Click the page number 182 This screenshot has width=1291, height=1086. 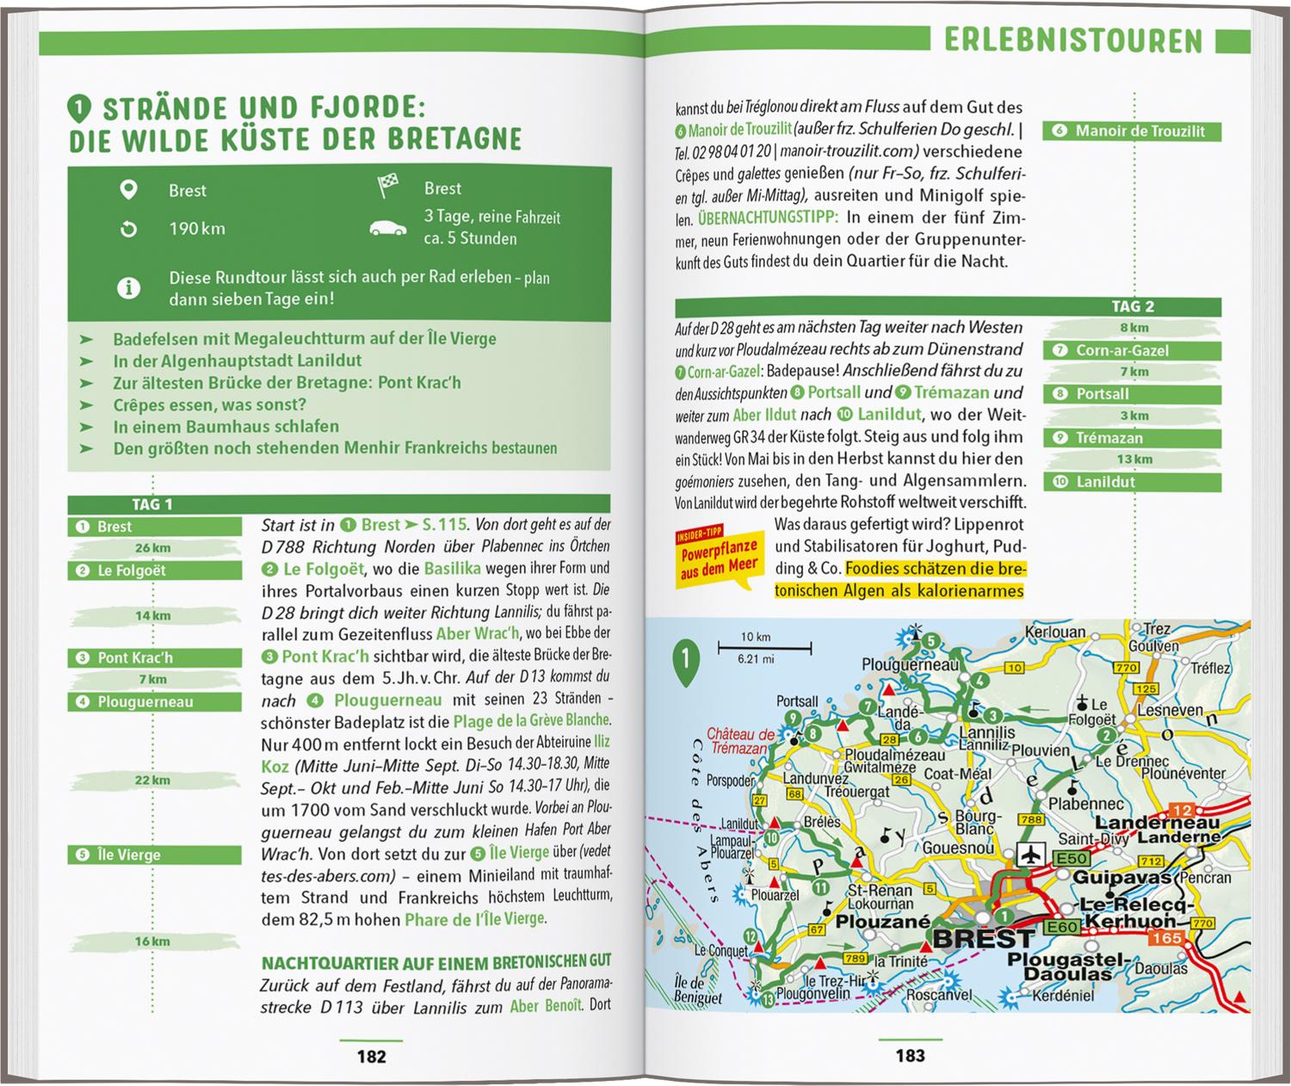[x=371, y=1057]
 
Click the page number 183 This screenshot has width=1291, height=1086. [x=910, y=1056]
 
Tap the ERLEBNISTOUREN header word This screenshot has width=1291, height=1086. [x=1072, y=41]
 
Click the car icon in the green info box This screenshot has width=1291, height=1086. [x=388, y=229]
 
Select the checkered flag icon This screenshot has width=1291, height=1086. [x=388, y=186]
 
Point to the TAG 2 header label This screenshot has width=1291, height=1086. [x=1132, y=306]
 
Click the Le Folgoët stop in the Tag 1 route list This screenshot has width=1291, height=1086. [x=154, y=571]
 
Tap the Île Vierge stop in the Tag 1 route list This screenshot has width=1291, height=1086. [x=154, y=855]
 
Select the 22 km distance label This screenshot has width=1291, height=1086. [x=152, y=781]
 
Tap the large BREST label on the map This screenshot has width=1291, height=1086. [x=982, y=936]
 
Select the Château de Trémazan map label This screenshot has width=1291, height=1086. [x=740, y=741]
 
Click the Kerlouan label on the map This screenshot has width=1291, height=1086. [x=1055, y=632]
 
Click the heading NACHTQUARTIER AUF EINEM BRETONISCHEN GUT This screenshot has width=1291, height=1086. [x=436, y=961]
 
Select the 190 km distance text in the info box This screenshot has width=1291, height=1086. [x=196, y=229]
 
